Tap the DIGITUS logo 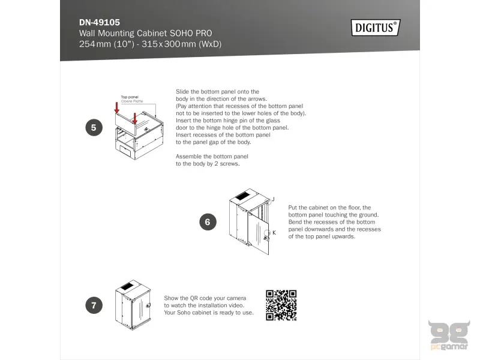pyautogui.click(x=375, y=27)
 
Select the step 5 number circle pyautogui.click(x=94, y=127)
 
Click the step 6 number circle pyautogui.click(x=208, y=222)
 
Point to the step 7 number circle pyautogui.click(x=94, y=305)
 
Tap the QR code pyautogui.click(x=281, y=305)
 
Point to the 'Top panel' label pyautogui.click(x=130, y=97)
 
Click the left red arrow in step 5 pyautogui.click(x=118, y=109)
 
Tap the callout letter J pyautogui.click(x=273, y=199)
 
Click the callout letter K pyautogui.click(x=274, y=232)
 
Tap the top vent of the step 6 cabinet pyautogui.click(x=241, y=196)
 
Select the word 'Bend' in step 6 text pyautogui.click(x=296, y=222)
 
